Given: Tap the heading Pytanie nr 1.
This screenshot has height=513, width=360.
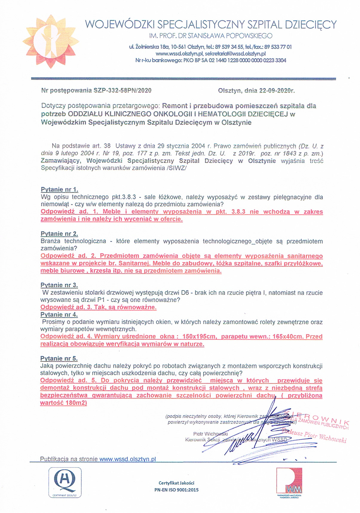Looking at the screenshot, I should coord(59,190).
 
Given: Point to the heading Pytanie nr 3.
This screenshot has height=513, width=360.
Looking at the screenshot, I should coord(59,285).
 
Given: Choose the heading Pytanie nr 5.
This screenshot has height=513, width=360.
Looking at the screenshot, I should coord(59,359).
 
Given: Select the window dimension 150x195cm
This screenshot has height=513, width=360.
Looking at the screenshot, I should coord(199,337).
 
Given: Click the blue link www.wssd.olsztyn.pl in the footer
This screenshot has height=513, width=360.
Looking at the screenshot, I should coord(128,459).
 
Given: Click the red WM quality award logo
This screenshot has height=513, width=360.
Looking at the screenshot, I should coord(289,481).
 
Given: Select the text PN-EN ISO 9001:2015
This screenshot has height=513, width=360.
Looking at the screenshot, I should coord(176,490).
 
